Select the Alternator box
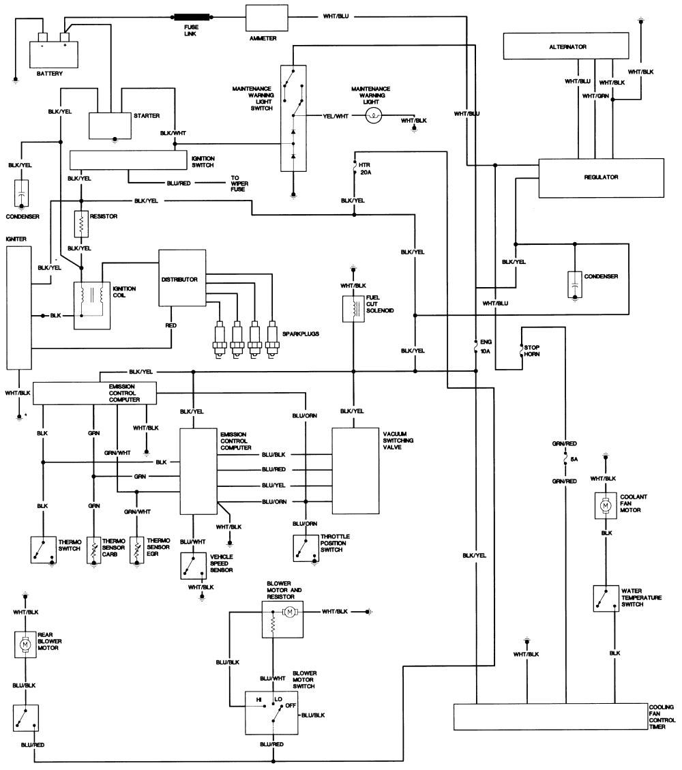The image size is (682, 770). (x=567, y=47)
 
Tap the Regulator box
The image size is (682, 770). (x=601, y=177)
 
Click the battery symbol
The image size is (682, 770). (x=52, y=52)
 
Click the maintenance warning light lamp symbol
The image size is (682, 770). (x=373, y=116)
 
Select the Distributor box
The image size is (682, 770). (x=182, y=278)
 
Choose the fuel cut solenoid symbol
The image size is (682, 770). (x=353, y=309)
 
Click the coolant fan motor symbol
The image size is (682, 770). (x=604, y=505)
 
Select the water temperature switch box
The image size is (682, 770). (x=605, y=598)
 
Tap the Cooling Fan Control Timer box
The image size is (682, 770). (x=548, y=717)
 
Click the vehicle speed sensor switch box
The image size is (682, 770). (x=194, y=565)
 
